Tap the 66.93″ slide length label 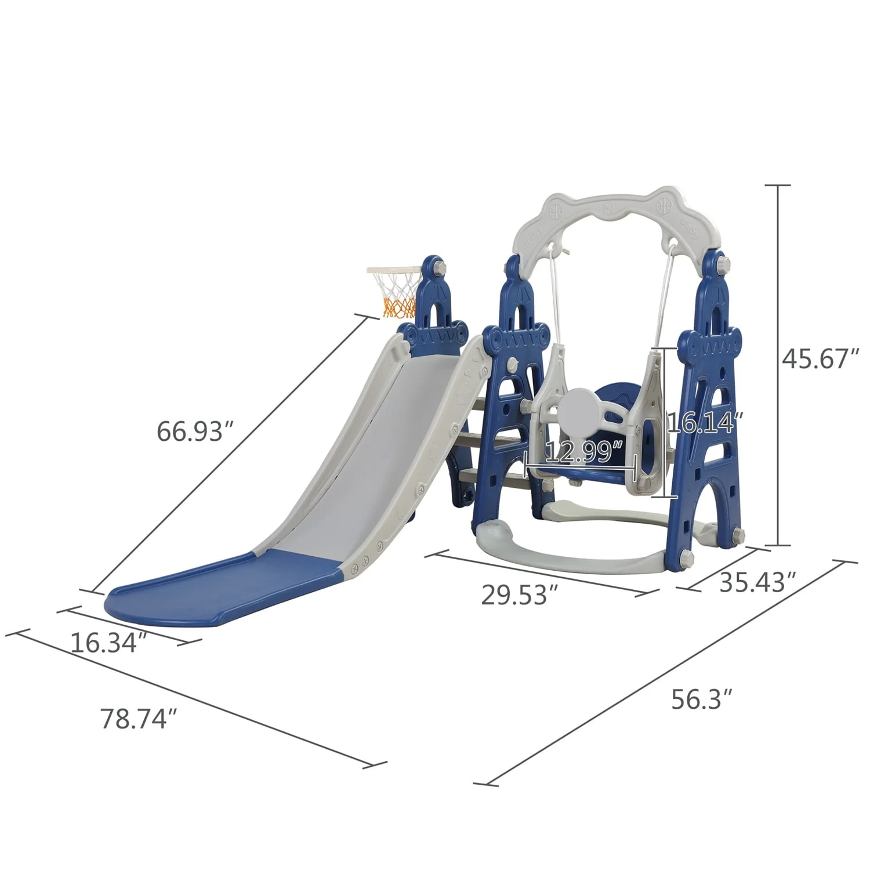190,432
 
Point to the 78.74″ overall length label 138,718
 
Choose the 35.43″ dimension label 757,582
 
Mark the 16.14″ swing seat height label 705,423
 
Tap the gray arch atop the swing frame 609,215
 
